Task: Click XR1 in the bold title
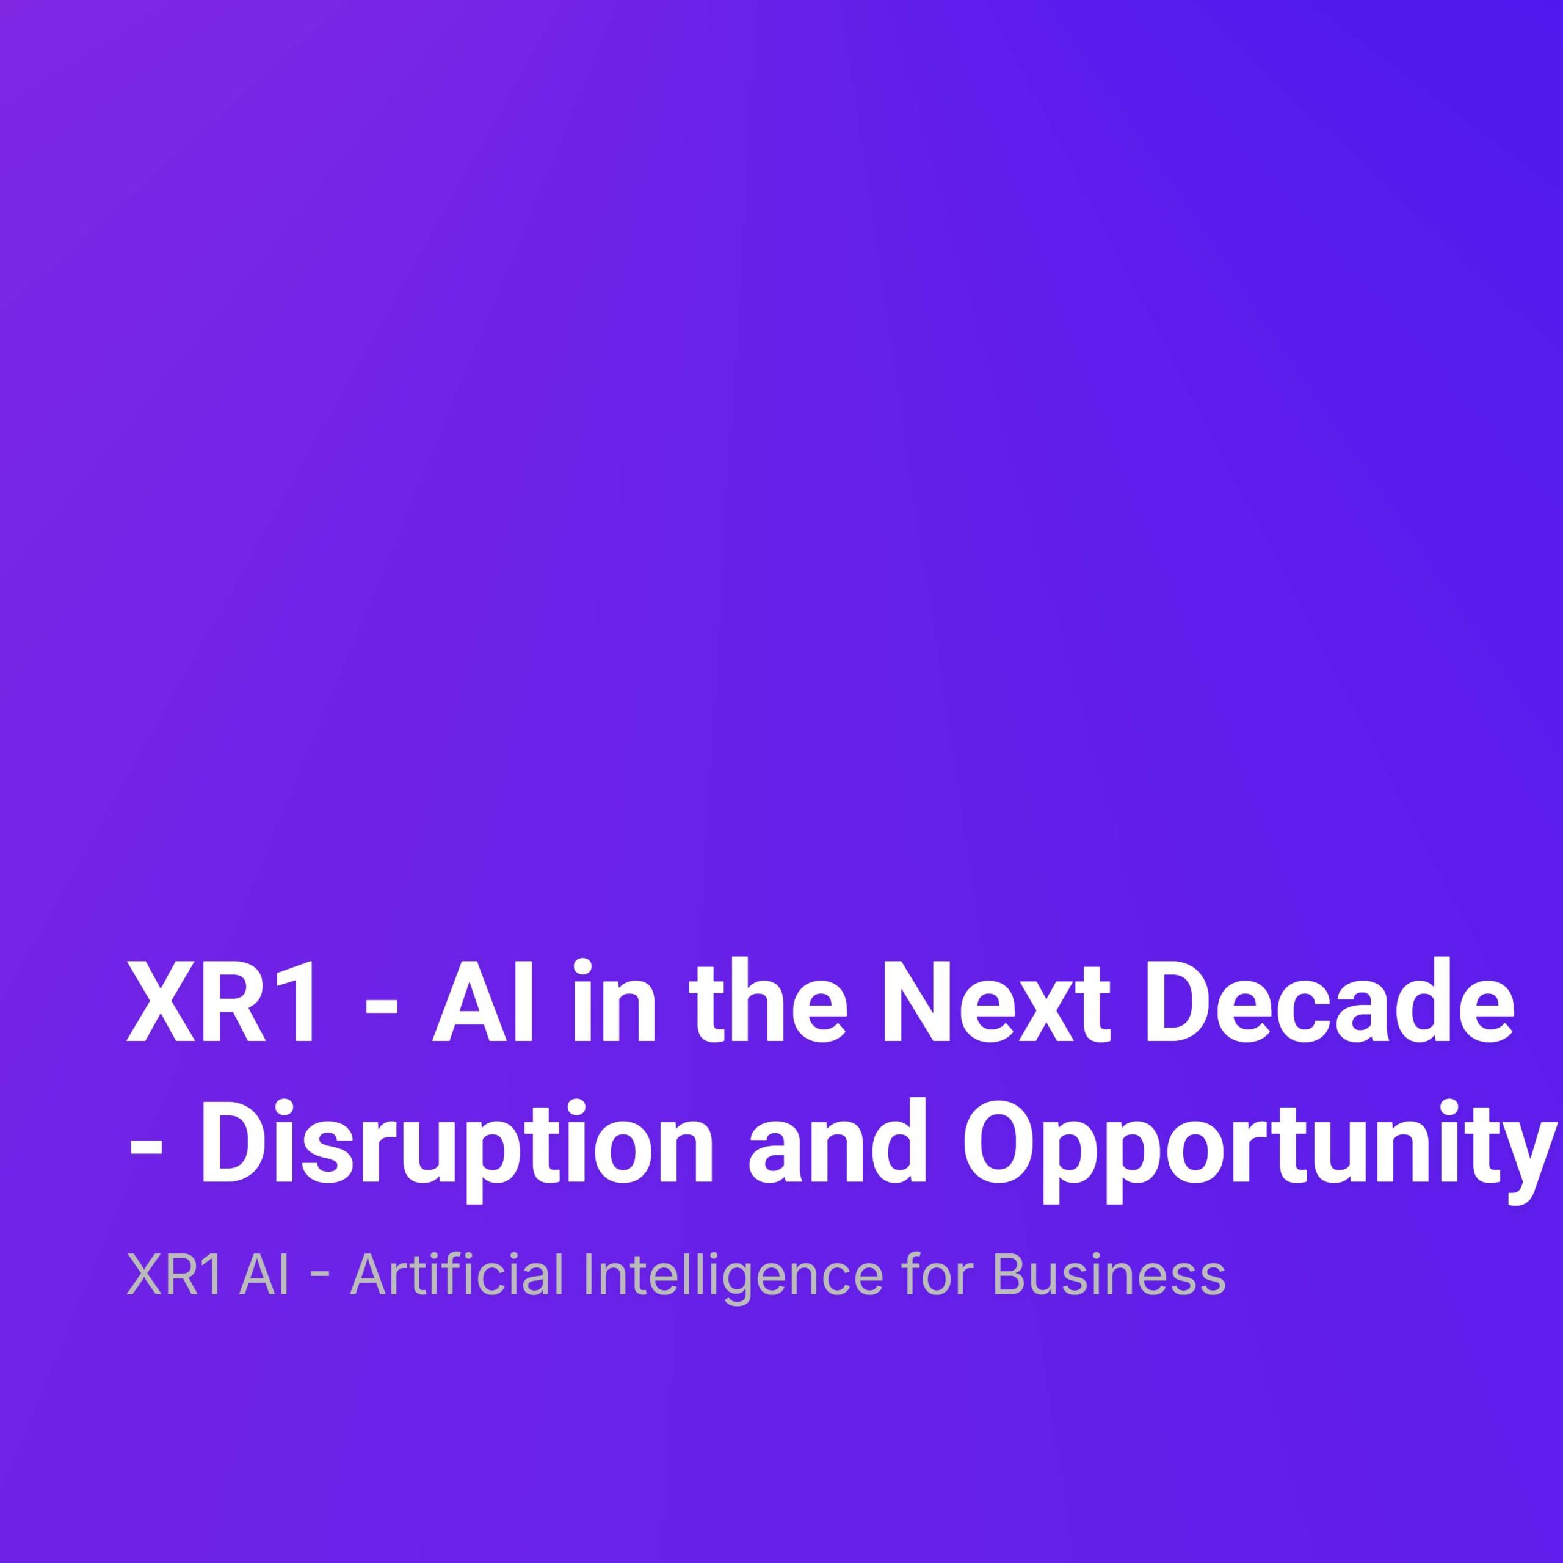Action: coord(222,1005)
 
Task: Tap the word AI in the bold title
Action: coord(482,1005)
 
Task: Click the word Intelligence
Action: coord(733,1276)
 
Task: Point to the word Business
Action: coord(1108,1276)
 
